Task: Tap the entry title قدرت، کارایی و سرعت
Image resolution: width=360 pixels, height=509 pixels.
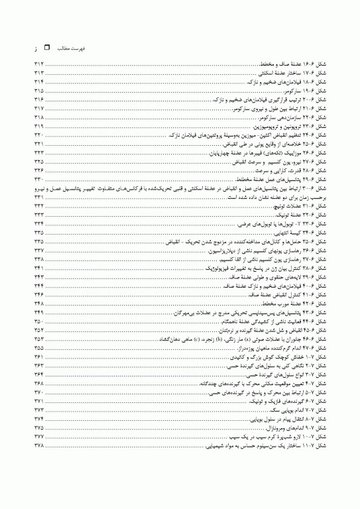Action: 272,170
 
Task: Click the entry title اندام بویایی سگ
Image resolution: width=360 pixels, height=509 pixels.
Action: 279,410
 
